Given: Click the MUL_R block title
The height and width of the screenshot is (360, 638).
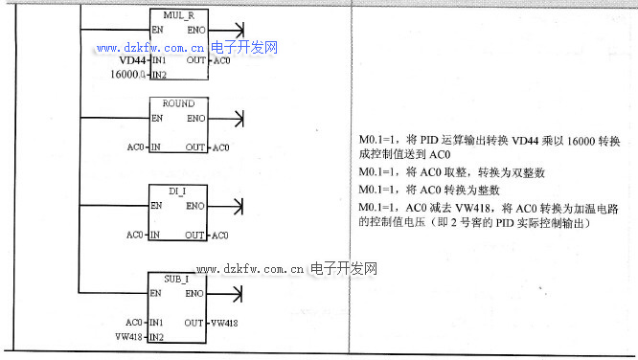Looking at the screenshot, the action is pos(178,15).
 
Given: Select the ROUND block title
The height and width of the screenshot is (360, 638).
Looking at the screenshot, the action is pos(178,103).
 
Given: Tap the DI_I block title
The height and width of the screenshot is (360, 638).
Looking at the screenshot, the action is pos(178,191).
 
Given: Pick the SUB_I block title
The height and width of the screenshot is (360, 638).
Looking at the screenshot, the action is pos(178,278).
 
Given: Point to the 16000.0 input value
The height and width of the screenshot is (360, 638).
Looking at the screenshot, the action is pos(128,74).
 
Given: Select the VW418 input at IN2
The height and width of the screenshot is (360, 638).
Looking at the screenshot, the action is pos(128,337).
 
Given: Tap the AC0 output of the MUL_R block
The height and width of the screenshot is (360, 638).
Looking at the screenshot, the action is pos(221,60).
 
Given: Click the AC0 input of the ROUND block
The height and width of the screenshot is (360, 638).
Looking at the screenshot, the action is pos(135,147).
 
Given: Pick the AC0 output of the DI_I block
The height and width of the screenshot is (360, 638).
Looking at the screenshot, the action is pos(221,235).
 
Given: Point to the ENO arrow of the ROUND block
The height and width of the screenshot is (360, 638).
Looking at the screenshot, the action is pos(230,118).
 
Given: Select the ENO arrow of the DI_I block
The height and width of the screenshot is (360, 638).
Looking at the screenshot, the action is pos(230,205).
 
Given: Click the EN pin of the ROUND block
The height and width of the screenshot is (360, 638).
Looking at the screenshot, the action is pos(156,118).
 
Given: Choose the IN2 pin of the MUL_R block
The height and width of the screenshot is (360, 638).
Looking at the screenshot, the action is pos(159,74).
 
